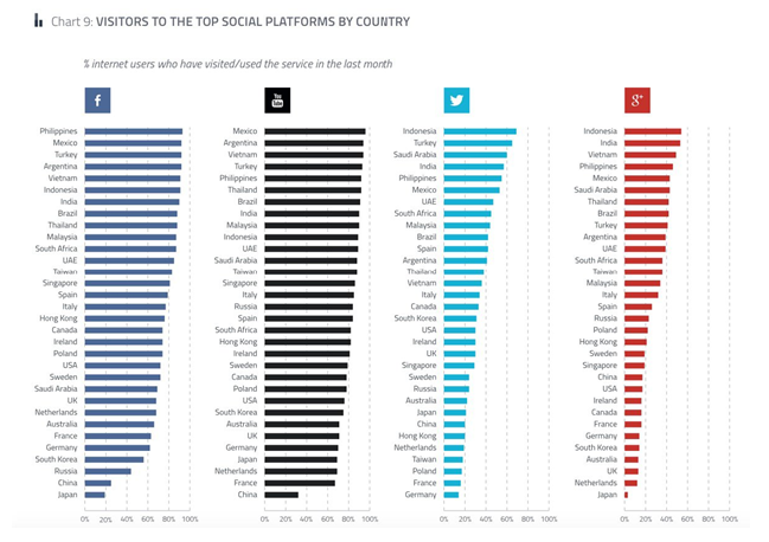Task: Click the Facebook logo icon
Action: coord(97,100)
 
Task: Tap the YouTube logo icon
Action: coord(277,100)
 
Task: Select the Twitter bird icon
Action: coord(456,100)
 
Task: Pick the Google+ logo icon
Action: coord(636,100)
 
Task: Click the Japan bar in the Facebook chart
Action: coord(95,494)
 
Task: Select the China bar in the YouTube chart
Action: coord(281,494)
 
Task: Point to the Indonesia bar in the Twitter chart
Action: coord(480,131)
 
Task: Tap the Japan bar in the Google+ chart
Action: coord(626,494)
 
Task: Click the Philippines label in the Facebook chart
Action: coord(59,131)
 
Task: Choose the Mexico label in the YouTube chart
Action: coord(245,131)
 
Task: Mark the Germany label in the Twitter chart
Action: coord(421,494)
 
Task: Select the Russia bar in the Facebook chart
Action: coord(108,471)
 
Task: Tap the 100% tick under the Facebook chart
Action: coord(189,519)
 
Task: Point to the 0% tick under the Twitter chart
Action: coord(444,519)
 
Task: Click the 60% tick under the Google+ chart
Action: coord(687,519)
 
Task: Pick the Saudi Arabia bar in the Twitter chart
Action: coord(475,155)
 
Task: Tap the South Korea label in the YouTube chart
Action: coord(236,411)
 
